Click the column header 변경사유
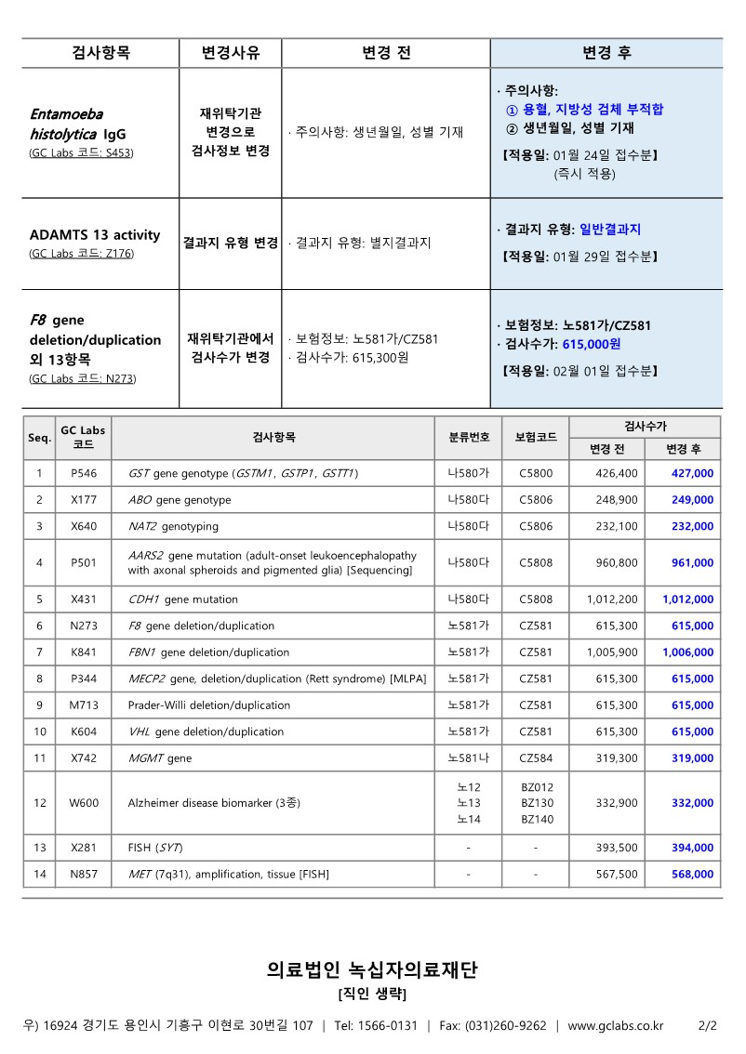(231, 53)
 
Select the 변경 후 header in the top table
(606, 53)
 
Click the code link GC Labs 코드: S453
(82, 152)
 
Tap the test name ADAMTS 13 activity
(95, 234)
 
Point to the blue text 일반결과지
(610, 230)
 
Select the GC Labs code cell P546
(83, 474)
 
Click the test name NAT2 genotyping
(173, 526)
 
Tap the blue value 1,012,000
(688, 599)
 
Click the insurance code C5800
(536, 474)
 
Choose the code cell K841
(83, 652)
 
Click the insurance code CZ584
(536, 758)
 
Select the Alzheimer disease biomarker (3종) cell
(214, 803)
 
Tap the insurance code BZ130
(537, 803)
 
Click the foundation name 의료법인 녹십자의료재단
(372, 971)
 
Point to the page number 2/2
(707, 1026)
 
